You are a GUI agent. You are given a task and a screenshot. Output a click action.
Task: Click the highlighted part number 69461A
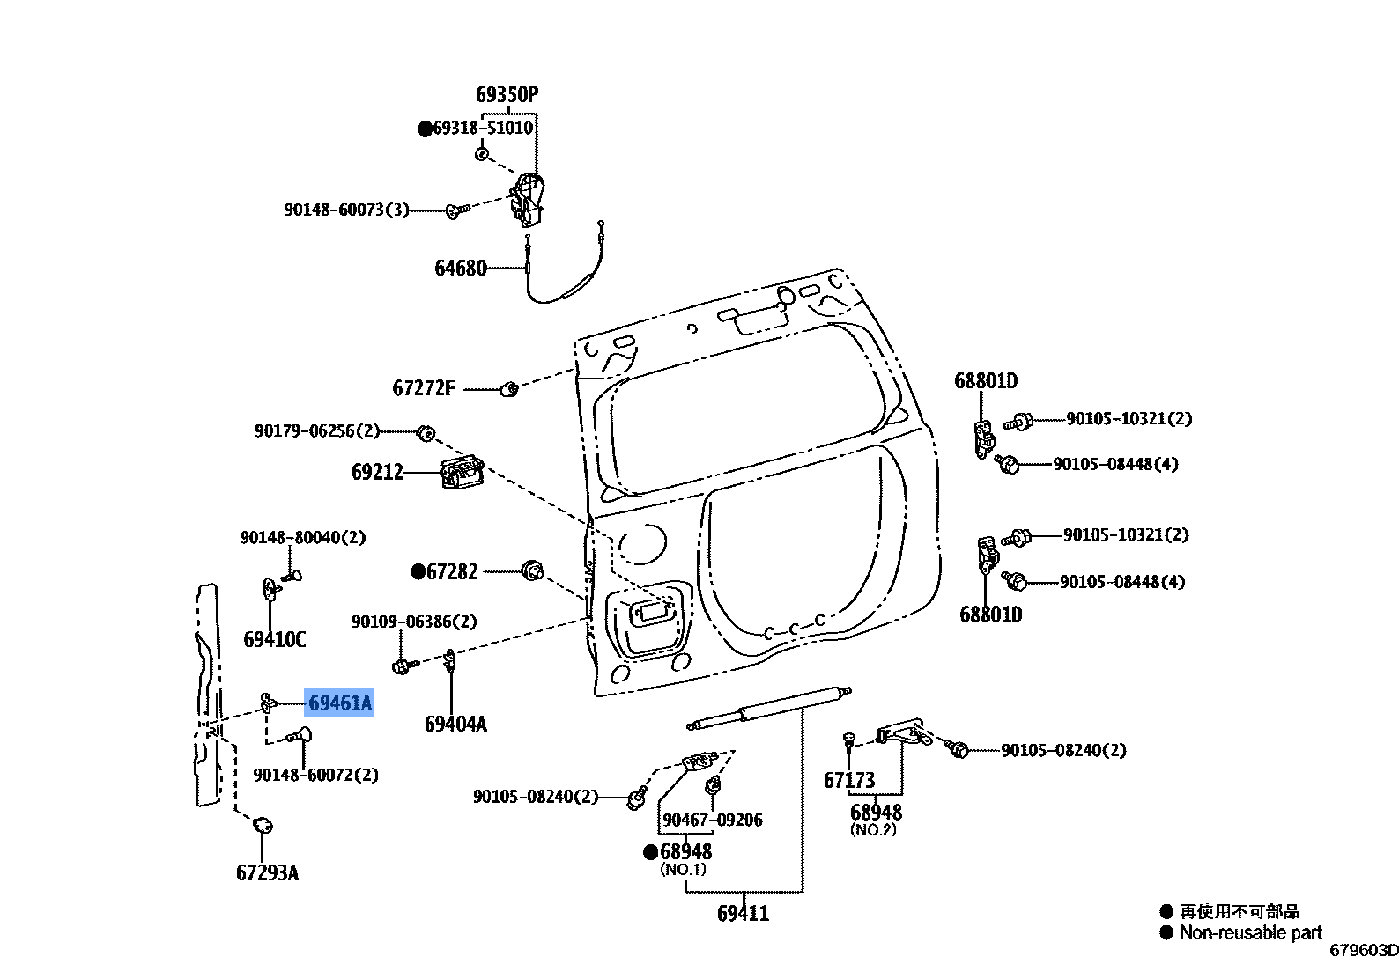339,703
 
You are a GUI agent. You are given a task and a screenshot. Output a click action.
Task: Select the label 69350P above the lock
507,95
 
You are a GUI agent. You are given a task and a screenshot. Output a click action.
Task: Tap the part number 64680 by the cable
460,269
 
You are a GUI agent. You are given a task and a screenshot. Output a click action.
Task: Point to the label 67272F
424,388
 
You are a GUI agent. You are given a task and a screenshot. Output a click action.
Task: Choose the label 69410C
275,639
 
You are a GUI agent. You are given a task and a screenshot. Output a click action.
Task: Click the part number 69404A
455,724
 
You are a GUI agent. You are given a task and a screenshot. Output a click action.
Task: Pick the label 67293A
267,872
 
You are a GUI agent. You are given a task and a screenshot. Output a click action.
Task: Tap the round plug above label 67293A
263,825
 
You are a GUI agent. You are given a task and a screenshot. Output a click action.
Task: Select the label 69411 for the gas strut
743,914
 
